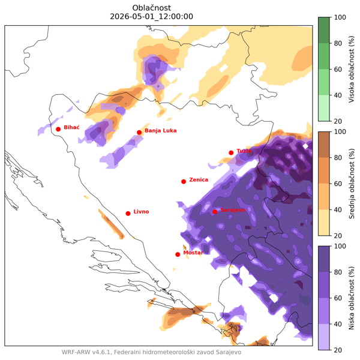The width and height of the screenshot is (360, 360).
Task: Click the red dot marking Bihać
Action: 58,129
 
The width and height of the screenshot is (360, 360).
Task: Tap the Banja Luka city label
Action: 160,131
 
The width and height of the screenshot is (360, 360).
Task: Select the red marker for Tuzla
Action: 231,152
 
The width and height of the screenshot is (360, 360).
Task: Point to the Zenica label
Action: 198,179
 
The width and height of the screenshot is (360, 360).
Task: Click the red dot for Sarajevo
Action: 215,211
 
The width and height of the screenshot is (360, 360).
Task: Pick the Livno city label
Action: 141,212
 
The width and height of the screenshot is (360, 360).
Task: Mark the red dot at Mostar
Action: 178,254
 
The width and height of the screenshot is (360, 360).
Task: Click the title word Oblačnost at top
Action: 152,7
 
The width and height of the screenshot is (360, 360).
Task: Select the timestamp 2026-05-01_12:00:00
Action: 152,17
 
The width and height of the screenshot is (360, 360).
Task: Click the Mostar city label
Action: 193,253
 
